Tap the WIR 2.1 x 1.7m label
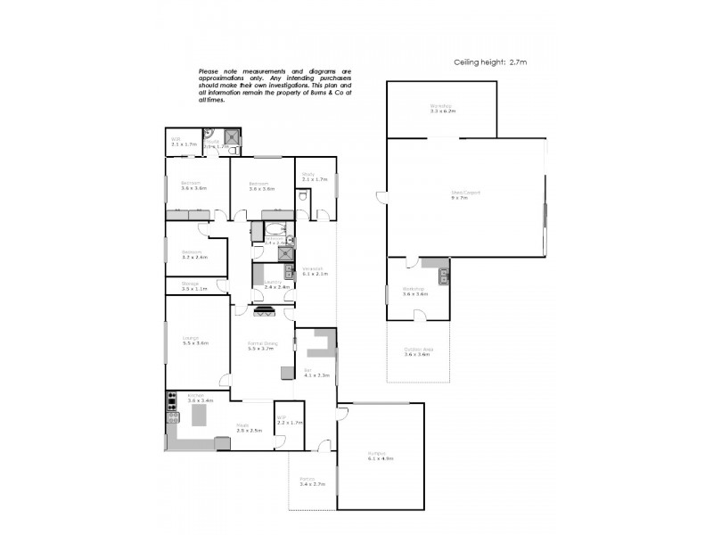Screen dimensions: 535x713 [176, 141]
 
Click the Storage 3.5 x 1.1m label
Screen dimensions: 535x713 [193, 285]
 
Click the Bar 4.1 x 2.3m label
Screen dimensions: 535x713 [316, 373]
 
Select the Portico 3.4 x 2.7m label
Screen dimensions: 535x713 [312, 481]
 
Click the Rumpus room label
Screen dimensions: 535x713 [380, 456]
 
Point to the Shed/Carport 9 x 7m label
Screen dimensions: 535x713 [460, 195]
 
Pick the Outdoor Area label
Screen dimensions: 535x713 [417, 352]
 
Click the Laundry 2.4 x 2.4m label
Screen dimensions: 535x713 [274, 285]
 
